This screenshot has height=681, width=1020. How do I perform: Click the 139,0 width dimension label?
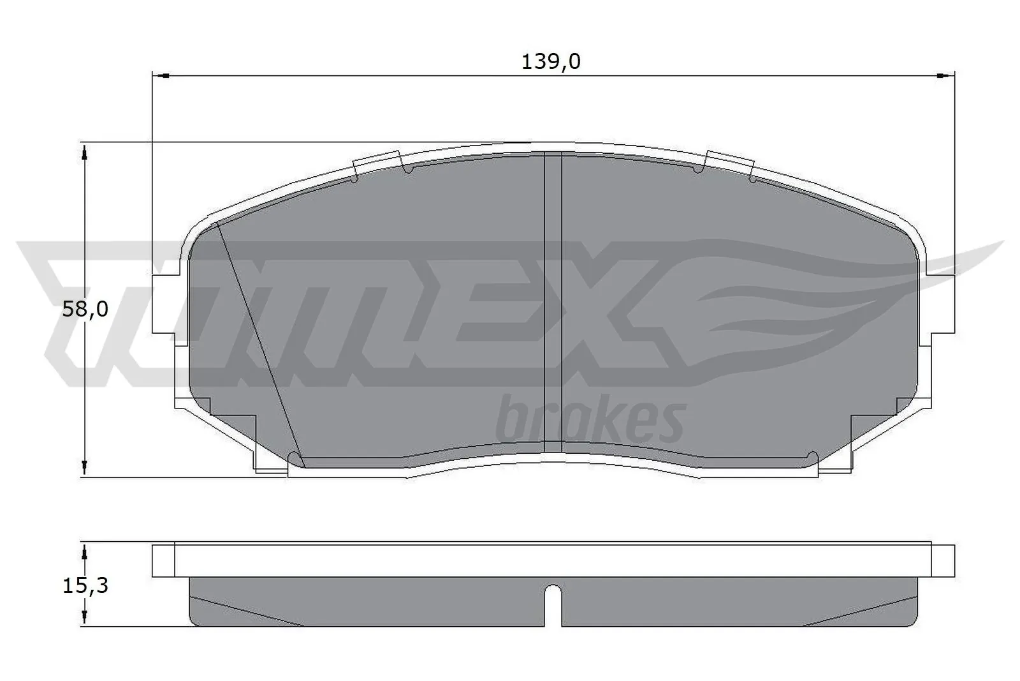551,62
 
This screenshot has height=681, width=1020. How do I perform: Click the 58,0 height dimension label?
85,310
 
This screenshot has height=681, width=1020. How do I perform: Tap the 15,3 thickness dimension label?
85,585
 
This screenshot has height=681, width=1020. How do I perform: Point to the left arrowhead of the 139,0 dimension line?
160,76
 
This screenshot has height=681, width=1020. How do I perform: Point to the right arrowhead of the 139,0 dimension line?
947,76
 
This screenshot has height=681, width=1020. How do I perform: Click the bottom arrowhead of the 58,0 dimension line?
84,468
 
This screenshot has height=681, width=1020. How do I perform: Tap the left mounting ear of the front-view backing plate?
164,304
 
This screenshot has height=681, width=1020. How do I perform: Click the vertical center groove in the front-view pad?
552,306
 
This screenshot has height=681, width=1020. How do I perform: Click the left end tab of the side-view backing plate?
163,560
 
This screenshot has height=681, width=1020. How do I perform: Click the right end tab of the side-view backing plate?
943,560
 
